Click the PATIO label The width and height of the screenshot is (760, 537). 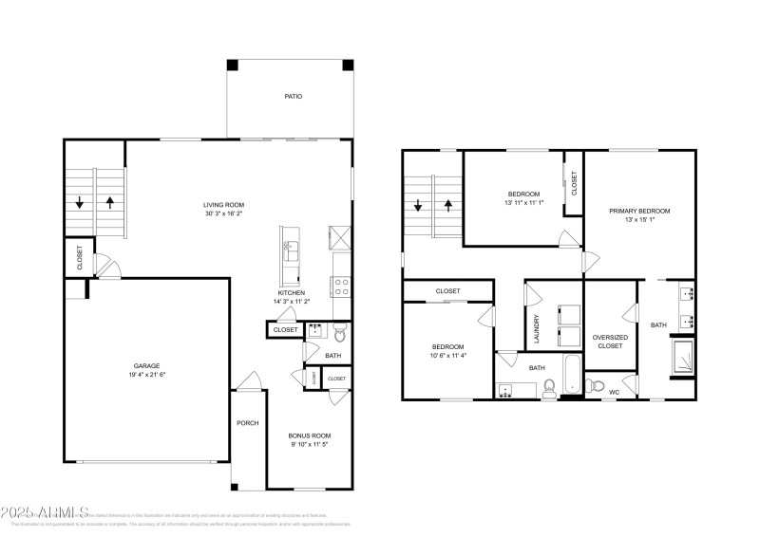click(294, 97)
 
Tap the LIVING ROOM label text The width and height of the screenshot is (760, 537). click(224, 204)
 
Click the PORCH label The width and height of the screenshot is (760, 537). click(248, 423)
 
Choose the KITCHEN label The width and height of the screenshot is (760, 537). click(291, 293)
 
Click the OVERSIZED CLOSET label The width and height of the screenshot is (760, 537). click(609, 341)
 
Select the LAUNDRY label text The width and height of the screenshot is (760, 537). click(537, 327)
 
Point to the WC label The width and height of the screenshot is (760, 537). click(613, 392)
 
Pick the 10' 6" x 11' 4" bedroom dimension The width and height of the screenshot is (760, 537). click(447, 356)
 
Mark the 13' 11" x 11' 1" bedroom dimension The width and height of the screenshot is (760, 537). click(522, 203)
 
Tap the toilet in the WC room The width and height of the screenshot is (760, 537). click(594, 385)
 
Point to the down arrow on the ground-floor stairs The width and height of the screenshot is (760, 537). click(81, 202)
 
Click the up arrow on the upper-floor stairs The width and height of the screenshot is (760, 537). click(449, 205)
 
